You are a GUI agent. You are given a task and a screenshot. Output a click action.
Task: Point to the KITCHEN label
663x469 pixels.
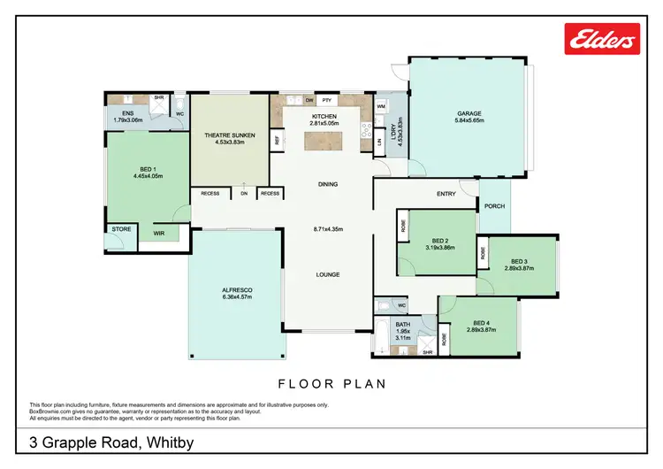point(324,117)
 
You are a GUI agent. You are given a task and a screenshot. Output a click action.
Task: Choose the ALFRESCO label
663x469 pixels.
point(238,289)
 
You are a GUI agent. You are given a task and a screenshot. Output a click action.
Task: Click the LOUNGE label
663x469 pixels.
point(328,274)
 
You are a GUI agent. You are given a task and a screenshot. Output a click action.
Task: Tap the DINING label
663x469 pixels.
point(329,185)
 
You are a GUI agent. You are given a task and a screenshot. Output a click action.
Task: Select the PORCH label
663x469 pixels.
point(495,207)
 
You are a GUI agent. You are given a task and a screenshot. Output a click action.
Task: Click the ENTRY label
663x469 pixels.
point(446,195)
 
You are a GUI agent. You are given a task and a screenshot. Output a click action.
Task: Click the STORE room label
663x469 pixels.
point(121,229)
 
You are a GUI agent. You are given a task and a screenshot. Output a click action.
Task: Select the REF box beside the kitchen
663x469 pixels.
point(278,140)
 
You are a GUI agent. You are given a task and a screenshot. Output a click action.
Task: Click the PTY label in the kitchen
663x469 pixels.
point(326,100)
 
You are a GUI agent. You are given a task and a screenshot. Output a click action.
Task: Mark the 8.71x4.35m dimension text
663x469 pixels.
point(328,229)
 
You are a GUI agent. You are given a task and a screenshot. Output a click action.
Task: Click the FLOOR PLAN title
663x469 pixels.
point(331,384)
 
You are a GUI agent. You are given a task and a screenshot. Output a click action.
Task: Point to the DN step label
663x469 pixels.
point(244,193)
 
